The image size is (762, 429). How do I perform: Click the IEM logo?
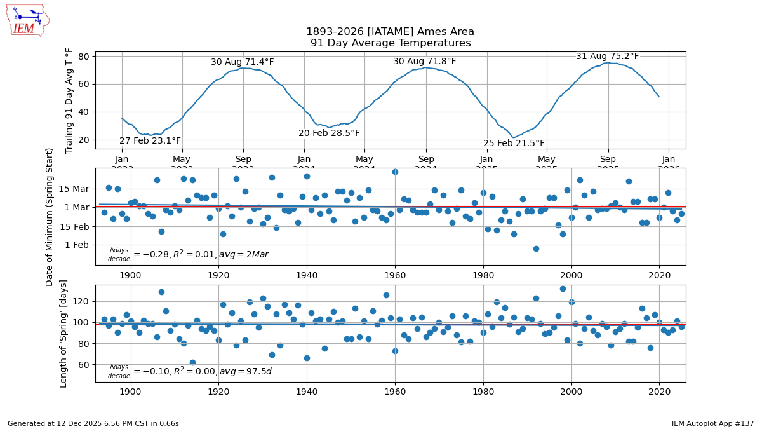pos(27,20)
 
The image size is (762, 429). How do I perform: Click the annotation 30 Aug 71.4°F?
pos(243,62)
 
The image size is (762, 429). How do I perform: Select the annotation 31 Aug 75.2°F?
pos(607,57)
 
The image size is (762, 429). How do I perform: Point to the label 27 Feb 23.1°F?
pos(150,141)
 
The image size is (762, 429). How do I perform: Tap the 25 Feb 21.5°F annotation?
pos(514,144)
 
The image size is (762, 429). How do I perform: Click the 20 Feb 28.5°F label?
pos(329,133)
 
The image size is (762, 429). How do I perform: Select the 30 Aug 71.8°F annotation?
pos(424,62)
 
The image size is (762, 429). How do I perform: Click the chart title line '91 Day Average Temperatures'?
pos(391,43)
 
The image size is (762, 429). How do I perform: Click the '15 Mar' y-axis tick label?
pos(74,189)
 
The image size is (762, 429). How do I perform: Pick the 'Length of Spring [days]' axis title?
pos(64,333)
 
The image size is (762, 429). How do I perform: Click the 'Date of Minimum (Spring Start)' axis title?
pos(50,217)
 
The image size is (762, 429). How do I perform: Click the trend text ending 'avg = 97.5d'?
pos(189,371)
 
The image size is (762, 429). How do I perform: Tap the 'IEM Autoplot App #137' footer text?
pos(712,423)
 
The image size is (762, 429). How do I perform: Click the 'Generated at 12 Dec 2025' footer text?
pos(93,423)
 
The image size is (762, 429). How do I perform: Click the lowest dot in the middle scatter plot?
pos(536,249)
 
